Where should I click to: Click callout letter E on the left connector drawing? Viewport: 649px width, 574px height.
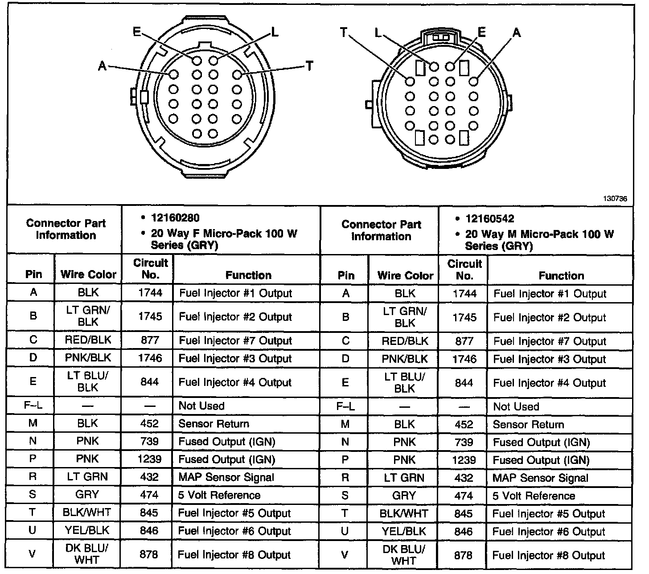[x=137, y=32]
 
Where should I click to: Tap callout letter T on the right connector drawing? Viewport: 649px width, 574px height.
[x=344, y=33]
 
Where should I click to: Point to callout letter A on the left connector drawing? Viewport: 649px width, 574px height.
[x=102, y=66]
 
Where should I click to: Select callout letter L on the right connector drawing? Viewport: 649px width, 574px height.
[x=378, y=33]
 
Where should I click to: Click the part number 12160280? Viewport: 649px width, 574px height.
[x=175, y=218]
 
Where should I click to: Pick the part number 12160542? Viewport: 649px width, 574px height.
[x=489, y=219]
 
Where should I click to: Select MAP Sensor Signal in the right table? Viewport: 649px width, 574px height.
[x=540, y=478]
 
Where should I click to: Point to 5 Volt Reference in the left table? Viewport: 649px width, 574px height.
[x=219, y=495]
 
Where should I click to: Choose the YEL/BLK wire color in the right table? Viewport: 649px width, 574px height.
[x=404, y=532]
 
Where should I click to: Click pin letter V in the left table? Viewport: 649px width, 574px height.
[x=32, y=554]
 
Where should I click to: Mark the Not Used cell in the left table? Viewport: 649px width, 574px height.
[x=201, y=406]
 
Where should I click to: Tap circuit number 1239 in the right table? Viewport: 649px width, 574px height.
[x=464, y=460]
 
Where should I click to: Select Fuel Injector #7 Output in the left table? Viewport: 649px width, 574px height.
[x=235, y=340]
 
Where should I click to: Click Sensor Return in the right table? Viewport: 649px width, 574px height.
[x=528, y=425]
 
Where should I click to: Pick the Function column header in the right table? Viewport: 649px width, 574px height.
[x=561, y=276]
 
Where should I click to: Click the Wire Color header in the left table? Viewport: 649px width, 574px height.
[x=88, y=275]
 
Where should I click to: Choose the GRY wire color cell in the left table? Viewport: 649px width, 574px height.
[x=87, y=495]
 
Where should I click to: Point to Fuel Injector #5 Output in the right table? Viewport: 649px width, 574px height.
[x=549, y=514]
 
